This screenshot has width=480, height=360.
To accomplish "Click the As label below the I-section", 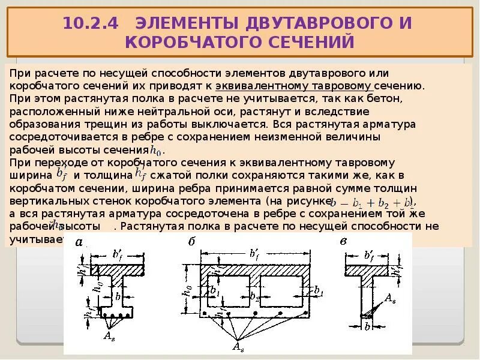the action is tap(109, 336).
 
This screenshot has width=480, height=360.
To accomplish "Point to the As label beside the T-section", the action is tap(389, 298).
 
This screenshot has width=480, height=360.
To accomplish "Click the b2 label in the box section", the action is tap(254, 296).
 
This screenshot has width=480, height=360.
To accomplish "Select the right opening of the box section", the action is tap(282, 291).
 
